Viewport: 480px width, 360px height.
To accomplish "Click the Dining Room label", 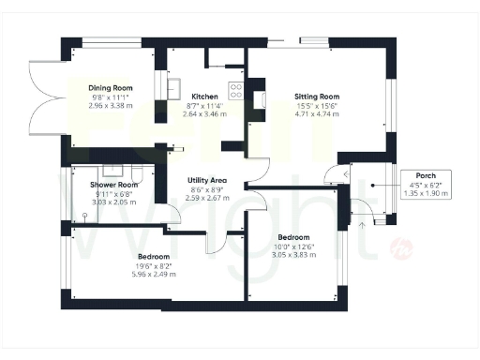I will click(111, 85).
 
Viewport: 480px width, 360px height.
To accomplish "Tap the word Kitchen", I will click(205, 97).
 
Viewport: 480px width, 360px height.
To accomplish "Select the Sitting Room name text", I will click(317, 97).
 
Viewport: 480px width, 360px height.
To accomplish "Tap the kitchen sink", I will click(175, 90).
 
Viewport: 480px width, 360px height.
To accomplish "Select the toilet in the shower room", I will click(139, 172).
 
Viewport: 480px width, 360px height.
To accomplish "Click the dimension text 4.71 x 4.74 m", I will click(317, 113).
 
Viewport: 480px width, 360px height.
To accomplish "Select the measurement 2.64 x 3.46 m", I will click(205, 113).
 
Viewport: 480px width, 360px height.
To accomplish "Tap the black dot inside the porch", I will click(372, 186).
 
